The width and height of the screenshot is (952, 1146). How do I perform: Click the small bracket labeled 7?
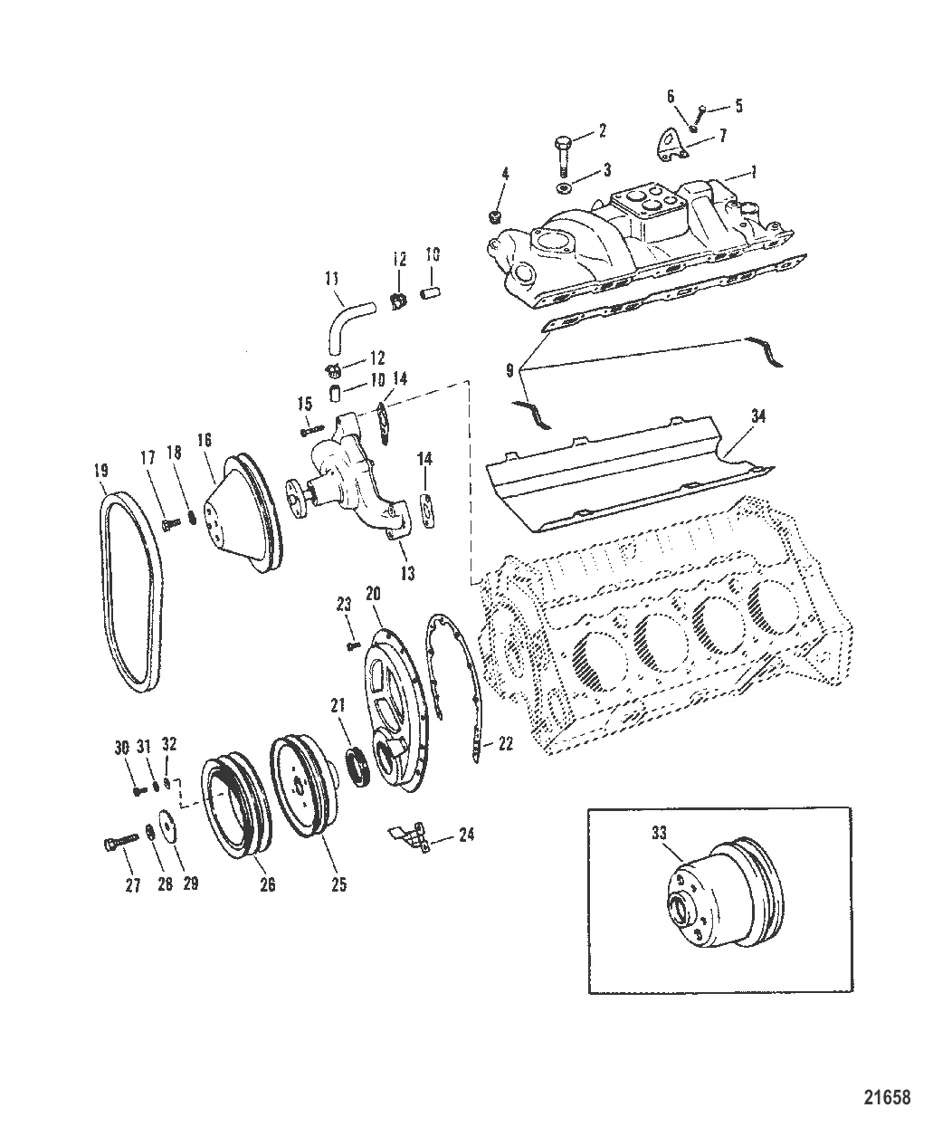tap(668, 147)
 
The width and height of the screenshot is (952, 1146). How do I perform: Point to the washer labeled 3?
tap(562, 187)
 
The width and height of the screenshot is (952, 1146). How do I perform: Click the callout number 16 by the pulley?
tap(205, 440)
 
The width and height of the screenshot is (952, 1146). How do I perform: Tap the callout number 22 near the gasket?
tap(505, 744)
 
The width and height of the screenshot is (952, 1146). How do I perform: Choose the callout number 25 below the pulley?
tap(338, 884)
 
